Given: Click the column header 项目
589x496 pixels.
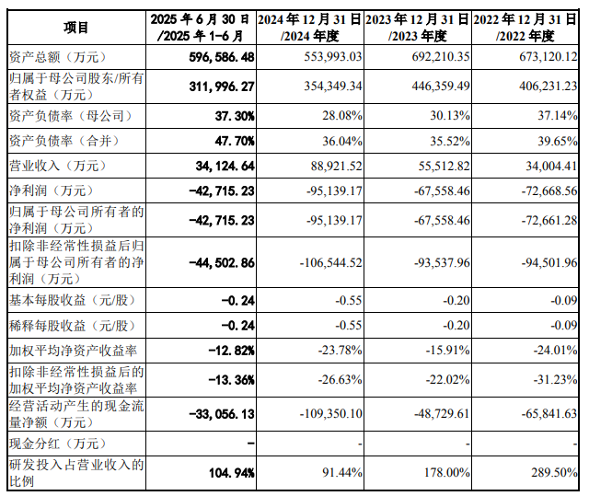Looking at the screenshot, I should tap(76, 28).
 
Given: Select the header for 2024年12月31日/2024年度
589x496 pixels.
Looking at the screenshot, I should tap(309, 28).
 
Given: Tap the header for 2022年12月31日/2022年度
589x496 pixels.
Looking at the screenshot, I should tap(527, 28).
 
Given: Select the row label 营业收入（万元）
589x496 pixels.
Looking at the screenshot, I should tap(52, 167).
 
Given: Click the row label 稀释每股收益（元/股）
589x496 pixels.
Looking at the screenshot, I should tap(72, 325).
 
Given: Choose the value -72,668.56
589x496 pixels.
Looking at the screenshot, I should tap(541, 191).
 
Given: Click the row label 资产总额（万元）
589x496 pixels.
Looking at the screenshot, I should tap(52, 56).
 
